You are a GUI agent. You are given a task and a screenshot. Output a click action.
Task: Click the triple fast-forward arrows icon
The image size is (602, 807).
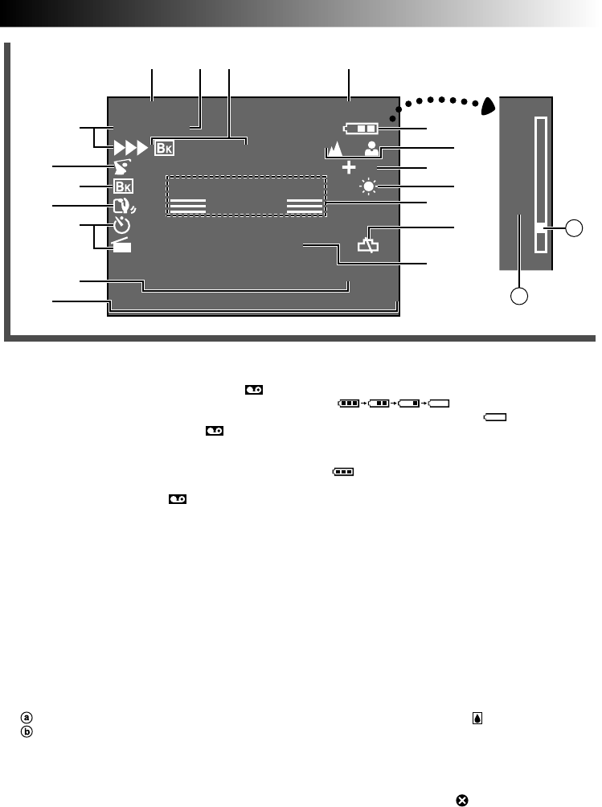coord(129,148)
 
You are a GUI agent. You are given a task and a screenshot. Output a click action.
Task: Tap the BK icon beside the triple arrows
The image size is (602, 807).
coord(163,148)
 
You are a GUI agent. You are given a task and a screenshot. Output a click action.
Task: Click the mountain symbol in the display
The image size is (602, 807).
coord(333,149)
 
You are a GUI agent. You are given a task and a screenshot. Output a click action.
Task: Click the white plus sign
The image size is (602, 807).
coord(348,168)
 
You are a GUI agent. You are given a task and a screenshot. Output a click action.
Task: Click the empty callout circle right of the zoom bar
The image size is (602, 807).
coord(574,228)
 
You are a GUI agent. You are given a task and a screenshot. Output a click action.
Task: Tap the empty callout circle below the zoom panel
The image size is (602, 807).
coord(520,296)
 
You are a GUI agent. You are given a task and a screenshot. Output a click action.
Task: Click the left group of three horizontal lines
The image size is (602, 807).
coord(188,205)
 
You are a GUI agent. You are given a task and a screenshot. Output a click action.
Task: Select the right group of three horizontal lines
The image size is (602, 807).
coord(305,205)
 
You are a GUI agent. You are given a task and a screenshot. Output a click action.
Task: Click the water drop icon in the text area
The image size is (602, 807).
coord(477,719)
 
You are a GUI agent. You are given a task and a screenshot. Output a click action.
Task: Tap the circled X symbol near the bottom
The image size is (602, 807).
coord(463,799)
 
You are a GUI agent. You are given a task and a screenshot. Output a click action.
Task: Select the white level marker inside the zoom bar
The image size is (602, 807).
coord(540,227)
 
